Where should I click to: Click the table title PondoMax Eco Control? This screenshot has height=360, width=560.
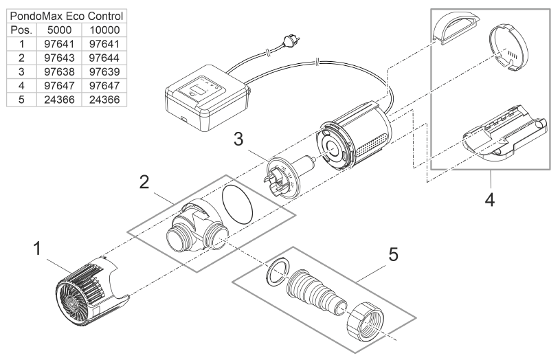click(65, 16)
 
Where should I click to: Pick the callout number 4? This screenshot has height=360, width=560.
click(489, 201)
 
